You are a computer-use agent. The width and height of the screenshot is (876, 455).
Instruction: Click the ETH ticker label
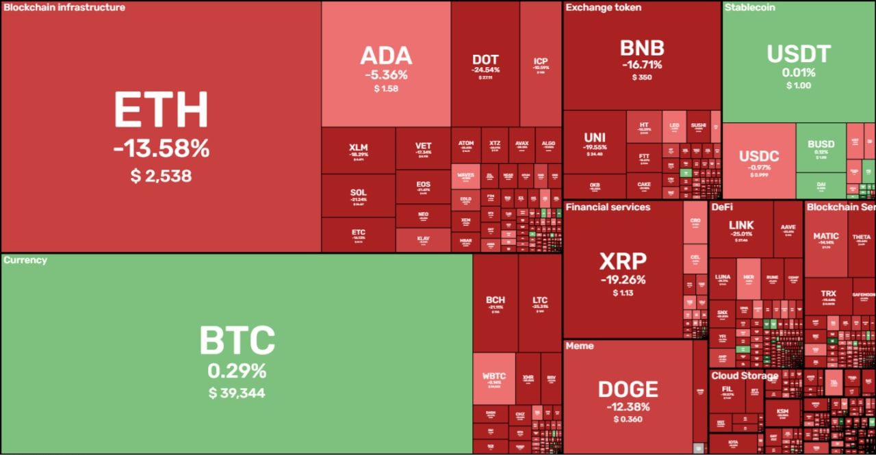[161, 110]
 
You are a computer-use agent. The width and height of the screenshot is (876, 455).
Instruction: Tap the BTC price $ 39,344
[237, 393]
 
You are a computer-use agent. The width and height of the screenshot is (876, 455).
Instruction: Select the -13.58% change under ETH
[161, 149]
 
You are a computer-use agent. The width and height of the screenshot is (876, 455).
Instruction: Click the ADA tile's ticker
[386, 55]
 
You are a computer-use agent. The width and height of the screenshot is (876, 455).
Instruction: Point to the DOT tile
[485, 64]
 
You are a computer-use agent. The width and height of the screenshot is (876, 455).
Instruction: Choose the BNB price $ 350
[642, 77]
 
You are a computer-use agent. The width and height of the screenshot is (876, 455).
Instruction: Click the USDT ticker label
[799, 54]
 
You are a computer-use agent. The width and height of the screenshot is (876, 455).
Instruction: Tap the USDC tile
[759, 161]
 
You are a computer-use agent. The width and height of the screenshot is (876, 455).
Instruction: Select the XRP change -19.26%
[623, 279]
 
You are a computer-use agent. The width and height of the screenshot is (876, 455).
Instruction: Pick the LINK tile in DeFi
[741, 229]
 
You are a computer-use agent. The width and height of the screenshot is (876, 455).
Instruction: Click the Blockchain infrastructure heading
[64, 8]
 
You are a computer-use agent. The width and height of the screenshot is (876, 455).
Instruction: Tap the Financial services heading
[608, 207]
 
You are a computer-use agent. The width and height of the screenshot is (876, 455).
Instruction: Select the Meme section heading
[580, 346]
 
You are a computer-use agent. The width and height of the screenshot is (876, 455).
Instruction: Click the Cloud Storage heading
[745, 376]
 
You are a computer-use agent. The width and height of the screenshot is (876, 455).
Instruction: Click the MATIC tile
[826, 239]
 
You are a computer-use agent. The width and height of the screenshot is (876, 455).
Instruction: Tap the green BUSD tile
[821, 147]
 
